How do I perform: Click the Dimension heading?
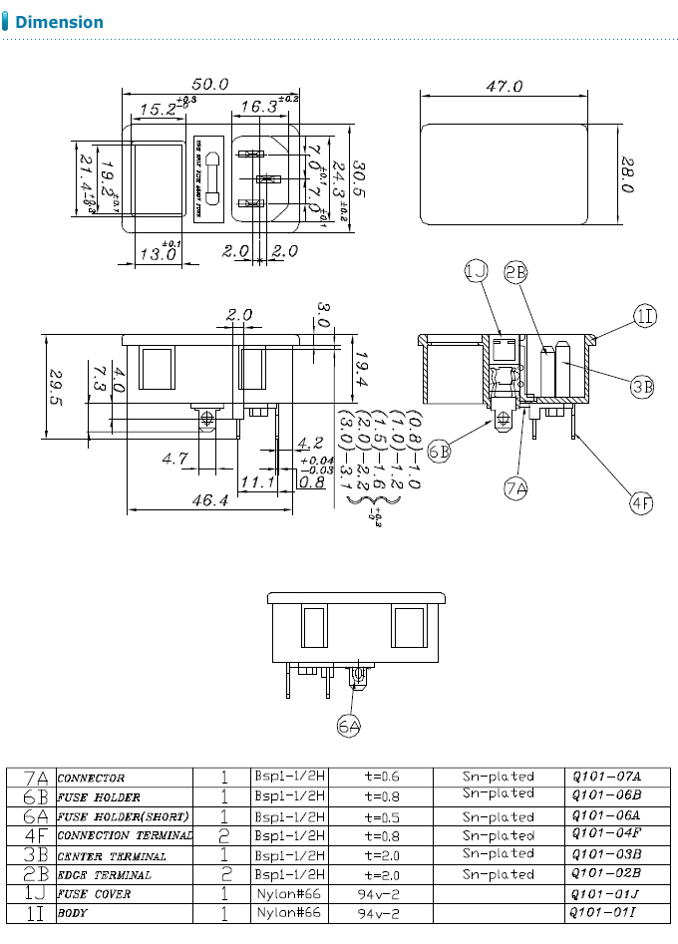(59, 22)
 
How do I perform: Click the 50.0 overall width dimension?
(210, 84)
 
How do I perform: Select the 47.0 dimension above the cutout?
(504, 87)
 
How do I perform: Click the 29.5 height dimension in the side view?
(56, 388)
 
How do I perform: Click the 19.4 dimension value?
(361, 369)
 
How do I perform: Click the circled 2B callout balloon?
(514, 271)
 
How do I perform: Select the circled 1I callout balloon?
(645, 317)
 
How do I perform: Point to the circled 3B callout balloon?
(642, 385)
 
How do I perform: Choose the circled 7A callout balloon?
(515, 488)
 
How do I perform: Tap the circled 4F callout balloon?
(640, 503)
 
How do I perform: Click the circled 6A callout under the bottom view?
(348, 727)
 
